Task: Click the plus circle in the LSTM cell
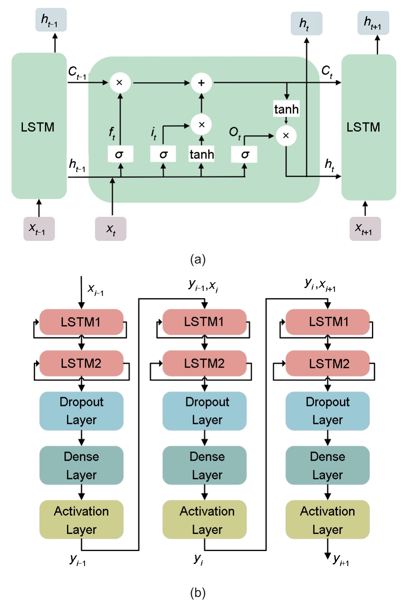coord(201,83)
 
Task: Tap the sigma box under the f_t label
coord(120,154)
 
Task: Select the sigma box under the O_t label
coord(244,154)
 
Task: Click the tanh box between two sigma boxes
coord(202,154)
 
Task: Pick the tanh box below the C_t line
coord(286,109)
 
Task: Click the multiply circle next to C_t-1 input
coord(120,83)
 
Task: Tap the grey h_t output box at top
coord(306,23)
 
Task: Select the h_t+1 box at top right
coord(373,23)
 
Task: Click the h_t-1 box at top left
coord(51,20)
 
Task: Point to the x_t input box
coord(111,229)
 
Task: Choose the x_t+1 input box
coord(365,229)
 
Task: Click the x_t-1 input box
coord(39,229)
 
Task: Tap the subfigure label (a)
coord(198,259)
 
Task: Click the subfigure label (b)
coord(198,592)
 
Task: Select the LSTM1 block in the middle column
coord(204,322)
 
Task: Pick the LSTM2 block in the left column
coord(81,363)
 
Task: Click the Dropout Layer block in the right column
coord(327,411)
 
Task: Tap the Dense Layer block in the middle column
coord(204,465)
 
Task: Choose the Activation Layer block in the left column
coord(81,519)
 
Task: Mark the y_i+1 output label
coord(341,559)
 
